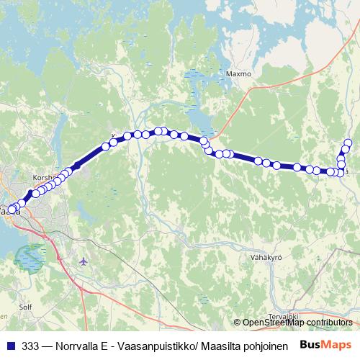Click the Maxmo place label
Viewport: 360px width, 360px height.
tap(238, 73)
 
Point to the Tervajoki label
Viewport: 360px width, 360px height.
tap(282, 315)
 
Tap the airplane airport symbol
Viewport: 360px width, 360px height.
tap(84, 261)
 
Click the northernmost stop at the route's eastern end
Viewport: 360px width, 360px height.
tap(348, 143)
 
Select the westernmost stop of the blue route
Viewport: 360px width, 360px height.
tap(10, 210)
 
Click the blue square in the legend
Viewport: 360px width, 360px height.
tap(10, 345)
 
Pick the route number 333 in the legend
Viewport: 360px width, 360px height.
tap(30, 345)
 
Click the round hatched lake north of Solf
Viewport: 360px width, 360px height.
tap(30, 256)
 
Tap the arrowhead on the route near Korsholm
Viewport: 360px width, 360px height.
tap(75, 166)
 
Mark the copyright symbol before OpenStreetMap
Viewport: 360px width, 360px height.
tap(237, 322)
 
